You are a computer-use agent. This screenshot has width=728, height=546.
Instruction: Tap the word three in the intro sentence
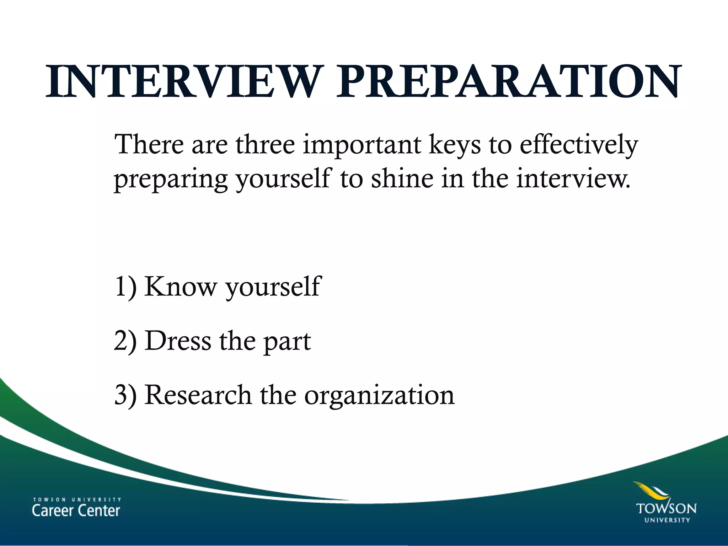point(265,145)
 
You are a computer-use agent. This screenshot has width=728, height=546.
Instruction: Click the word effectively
point(579,145)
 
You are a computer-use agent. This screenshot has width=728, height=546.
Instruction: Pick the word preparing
point(171,180)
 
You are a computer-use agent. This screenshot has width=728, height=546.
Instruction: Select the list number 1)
point(125,287)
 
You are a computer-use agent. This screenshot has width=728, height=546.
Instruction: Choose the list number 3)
point(125,395)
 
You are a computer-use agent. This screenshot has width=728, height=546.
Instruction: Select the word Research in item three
point(198,395)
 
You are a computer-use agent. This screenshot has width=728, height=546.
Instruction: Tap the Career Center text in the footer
point(76,511)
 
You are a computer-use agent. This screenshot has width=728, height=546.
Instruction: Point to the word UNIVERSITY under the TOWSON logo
point(667,520)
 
